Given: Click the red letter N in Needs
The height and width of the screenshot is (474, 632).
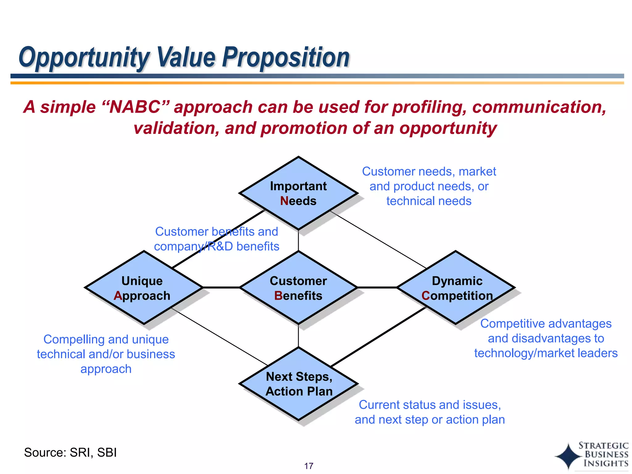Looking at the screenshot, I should [x=284, y=201].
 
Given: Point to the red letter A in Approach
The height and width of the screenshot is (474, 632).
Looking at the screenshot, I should [x=118, y=296].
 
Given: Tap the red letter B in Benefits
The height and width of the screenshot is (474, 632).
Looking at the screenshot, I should [x=278, y=296].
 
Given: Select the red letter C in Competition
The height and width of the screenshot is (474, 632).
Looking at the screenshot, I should [x=426, y=296].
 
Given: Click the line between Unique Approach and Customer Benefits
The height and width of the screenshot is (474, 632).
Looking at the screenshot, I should [x=221, y=287].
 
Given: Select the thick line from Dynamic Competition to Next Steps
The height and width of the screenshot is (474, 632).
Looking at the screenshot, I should [x=378, y=336].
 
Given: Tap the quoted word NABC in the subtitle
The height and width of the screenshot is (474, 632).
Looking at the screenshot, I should [x=135, y=107].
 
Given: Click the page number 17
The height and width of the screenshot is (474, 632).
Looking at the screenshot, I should [x=309, y=466].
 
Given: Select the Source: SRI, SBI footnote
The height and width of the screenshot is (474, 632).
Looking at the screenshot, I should [x=70, y=452].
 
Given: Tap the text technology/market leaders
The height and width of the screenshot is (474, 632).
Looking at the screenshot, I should [x=546, y=353].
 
